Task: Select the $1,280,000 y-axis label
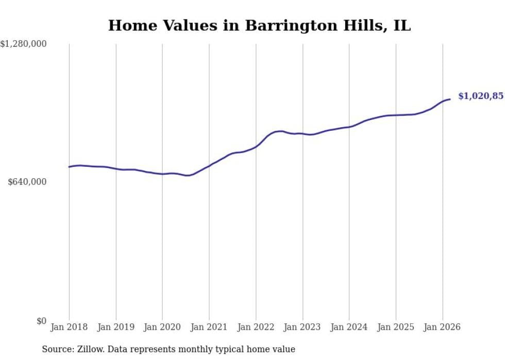pyautogui.click(x=23, y=44)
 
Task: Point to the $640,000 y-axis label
pyautogui.click(x=27, y=182)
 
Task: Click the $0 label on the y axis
pyautogui.click(x=41, y=321)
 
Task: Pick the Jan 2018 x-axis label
pyautogui.click(x=69, y=327)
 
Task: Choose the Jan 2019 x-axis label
pyautogui.click(x=116, y=327)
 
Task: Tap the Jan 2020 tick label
pyautogui.click(x=162, y=327)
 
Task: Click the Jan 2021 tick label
pyautogui.click(x=209, y=327)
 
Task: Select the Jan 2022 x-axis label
pyautogui.click(x=256, y=327)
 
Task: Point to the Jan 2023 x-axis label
pyautogui.click(x=302, y=327)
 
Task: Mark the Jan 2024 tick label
pyautogui.click(x=349, y=327)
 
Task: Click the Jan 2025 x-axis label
pyautogui.click(x=396, y=327)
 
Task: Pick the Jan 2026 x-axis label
pyautogui.click(x=442, y=327)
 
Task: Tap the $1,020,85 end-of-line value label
pyautogui.click(x=481, y=96)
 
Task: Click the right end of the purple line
pyautogui.click(x=450, y=99)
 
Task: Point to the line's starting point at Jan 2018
pyautogui.click(x=69, y=167)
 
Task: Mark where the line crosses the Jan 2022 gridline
pyautogui.click(x=256, y=147)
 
